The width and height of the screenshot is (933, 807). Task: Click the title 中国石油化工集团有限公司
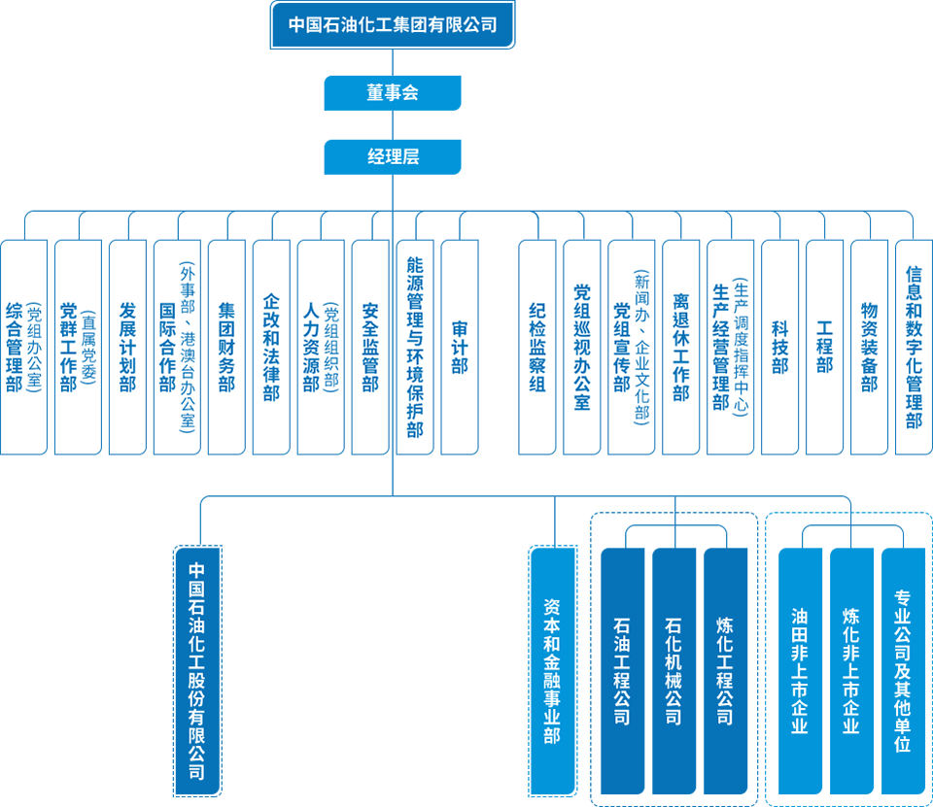[x=393, y=25]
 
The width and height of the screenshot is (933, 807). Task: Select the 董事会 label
[x=393, y=93]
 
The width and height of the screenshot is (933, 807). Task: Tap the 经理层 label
[x=393, y=156]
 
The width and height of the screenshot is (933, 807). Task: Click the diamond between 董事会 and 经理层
[x=393, y=124]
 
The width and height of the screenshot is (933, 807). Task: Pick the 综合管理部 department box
[x=23, y=348]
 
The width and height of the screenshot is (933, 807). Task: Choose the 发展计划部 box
[x=127, y=348]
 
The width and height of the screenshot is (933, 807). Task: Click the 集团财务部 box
[x=226, y=348]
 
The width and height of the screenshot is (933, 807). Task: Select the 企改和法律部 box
[x=271, y=348]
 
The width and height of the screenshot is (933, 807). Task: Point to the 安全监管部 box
[x=370, y=348]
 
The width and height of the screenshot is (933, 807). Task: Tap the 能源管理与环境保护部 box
[x=415, y=348]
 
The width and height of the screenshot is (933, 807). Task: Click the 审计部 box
[x=460, y=348]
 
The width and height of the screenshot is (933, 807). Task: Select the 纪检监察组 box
[x=537, y=348]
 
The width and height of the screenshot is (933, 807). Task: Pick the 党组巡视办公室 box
[x=582, y=348]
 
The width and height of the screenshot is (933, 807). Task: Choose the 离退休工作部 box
[x=681, y=348]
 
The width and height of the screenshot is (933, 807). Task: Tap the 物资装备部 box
[x=870, y=348]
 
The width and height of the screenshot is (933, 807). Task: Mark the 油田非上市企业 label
[x=800, y=670]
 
